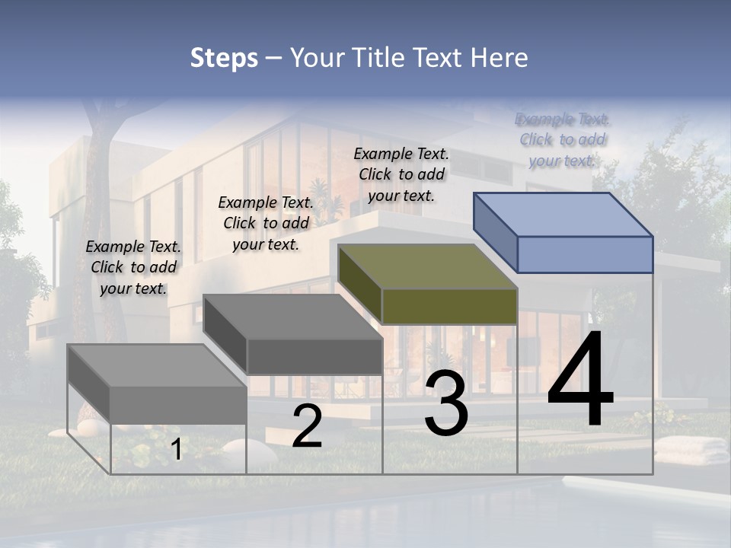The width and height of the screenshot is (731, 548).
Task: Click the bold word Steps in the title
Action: coord(224,58)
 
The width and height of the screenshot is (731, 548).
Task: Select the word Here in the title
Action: coord(500,58)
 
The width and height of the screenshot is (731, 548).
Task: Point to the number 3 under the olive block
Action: coord(446,403)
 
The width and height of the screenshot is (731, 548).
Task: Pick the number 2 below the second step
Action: coord(307,426)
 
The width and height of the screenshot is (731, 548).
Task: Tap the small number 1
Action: coord(176,450)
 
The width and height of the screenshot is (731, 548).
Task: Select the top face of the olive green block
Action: coord(427,266)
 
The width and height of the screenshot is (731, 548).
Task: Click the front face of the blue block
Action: coord(585,255)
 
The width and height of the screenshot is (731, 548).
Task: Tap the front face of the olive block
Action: coord(449,307)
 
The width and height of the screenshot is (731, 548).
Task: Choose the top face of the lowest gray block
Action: coord(157,365)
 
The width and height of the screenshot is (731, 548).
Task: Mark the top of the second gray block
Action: coord(293,316)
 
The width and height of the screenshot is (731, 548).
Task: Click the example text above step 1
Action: coord(133,267)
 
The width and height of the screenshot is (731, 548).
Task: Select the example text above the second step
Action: coord(266,223)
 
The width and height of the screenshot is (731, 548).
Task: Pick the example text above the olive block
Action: coord(401,174)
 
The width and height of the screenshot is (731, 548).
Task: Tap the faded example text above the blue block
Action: coord(563,139)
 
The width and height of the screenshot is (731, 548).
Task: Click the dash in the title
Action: coord(273,59)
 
